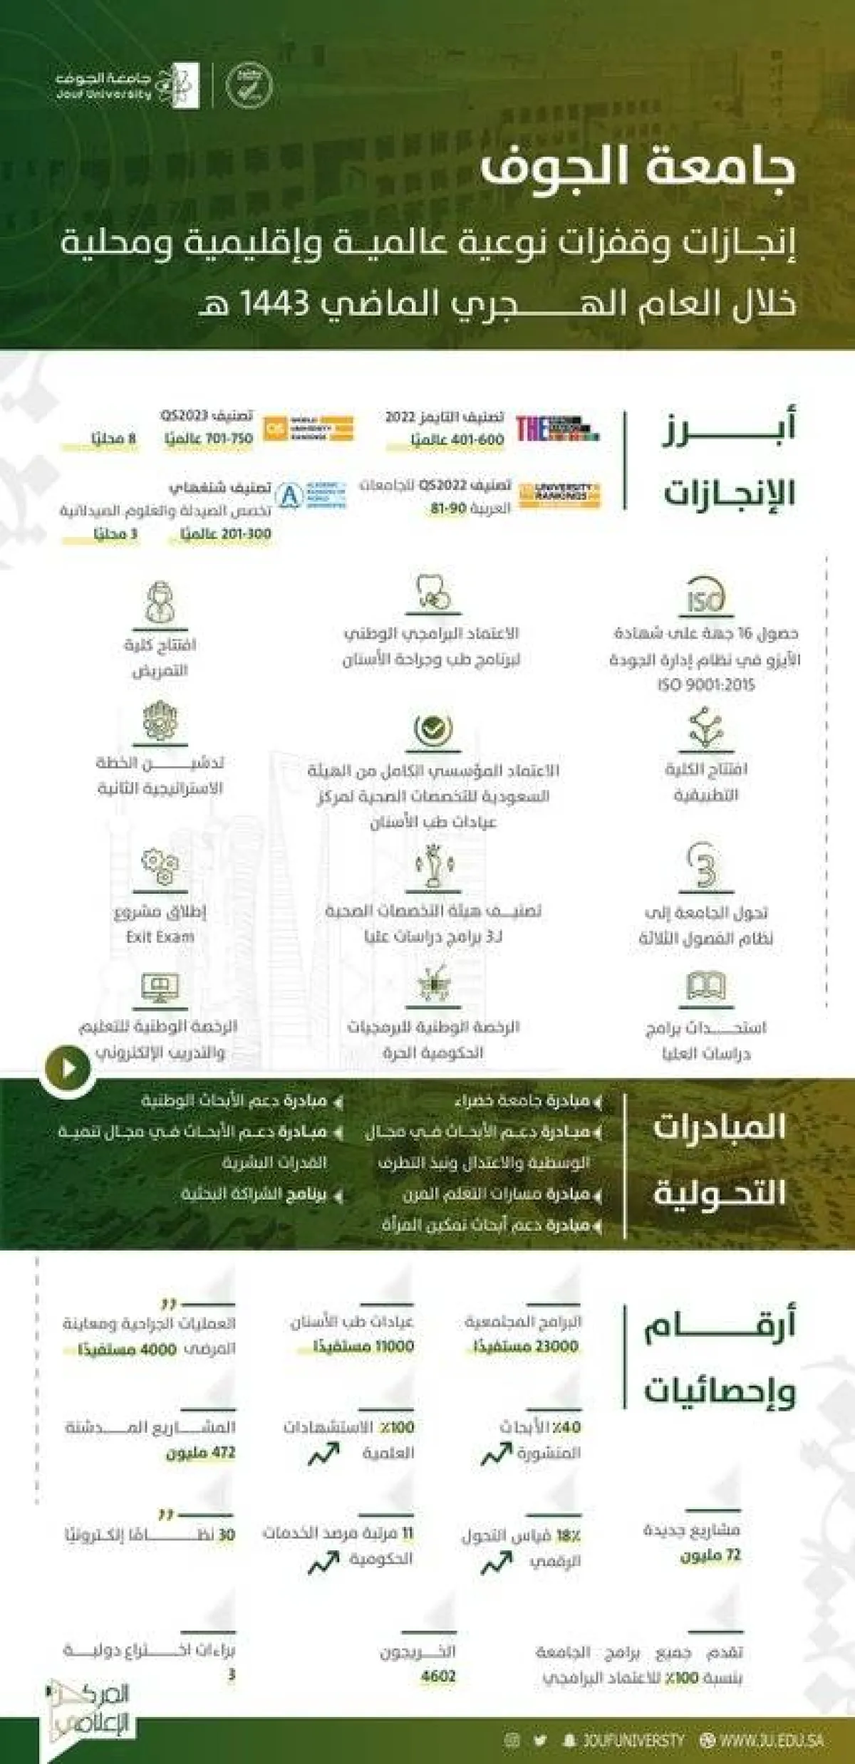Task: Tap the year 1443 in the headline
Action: click(274, 304)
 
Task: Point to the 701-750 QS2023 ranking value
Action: click(229, 438)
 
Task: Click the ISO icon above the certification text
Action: click(705, 597)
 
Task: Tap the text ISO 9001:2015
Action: click(706, 685)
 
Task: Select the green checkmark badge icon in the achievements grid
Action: click(432, 728)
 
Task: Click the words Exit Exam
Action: click(160, 937)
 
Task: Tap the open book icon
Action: click(705, 986)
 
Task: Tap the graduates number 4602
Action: click(438, 1676)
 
